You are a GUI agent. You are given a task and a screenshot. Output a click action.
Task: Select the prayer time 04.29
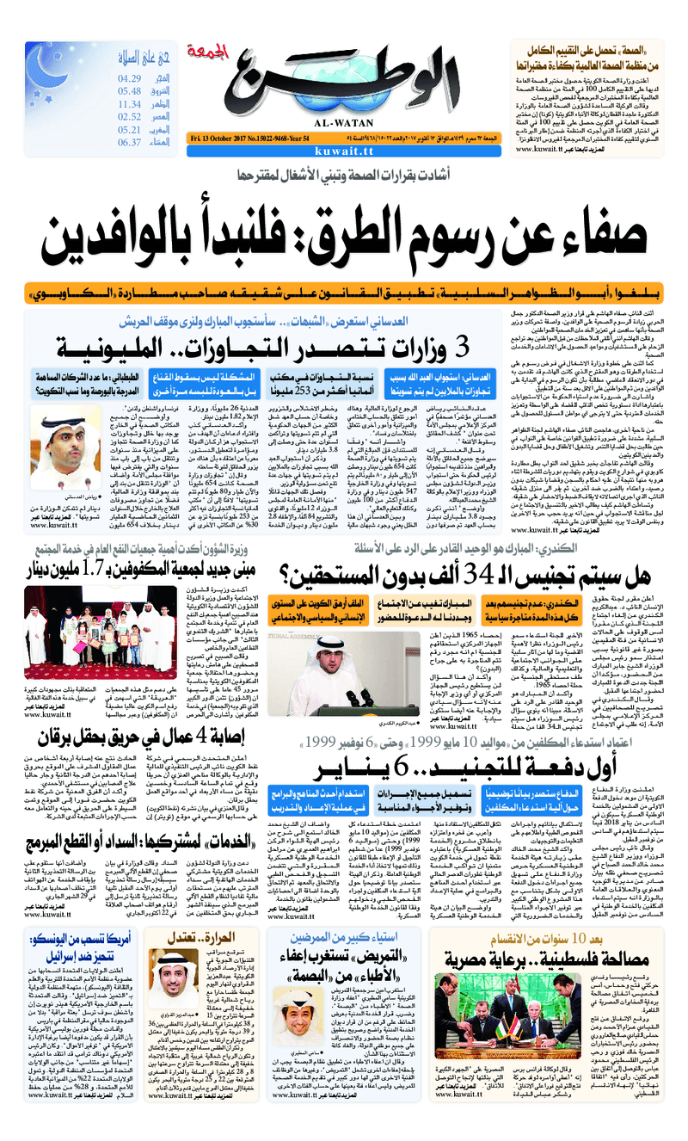click(x=130, y=78)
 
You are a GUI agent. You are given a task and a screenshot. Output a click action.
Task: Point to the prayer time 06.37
click(x=129, y=143)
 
